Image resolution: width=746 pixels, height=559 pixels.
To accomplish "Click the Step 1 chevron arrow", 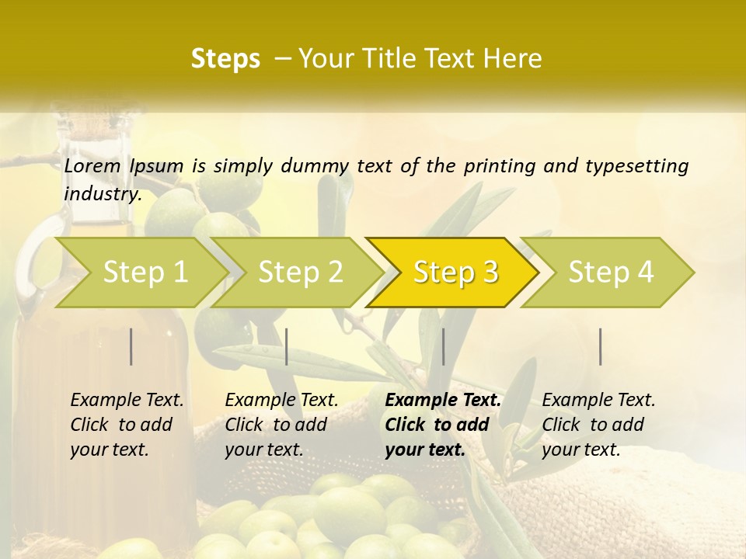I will coord(144,273).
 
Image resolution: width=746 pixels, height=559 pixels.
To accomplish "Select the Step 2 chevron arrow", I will coord(300,273).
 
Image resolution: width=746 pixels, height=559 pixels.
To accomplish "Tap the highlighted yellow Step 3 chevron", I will coord(455,273).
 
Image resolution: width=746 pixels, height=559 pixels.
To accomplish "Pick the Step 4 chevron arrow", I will coord(611,273).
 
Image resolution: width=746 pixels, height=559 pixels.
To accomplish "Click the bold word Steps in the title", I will coord(225,59).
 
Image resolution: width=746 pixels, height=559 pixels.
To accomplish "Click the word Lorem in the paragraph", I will coord(92,166).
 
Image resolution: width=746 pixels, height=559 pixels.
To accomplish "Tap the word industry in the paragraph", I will coord(103,193).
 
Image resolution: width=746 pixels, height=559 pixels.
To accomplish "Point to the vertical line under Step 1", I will coord(131,346).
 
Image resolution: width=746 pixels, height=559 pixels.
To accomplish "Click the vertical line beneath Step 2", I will coord(287,346).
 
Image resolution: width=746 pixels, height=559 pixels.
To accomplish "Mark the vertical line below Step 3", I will coord(443,346).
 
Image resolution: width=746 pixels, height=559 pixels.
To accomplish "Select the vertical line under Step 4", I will coord(600,346).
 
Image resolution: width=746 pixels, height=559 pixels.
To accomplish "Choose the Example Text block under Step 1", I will coord(127,425).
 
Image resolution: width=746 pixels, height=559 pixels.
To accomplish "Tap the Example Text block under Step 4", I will coord(598,425).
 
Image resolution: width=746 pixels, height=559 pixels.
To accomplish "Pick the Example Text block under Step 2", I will coord(281,425).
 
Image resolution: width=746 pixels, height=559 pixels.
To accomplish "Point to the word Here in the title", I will coord(511,59).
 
